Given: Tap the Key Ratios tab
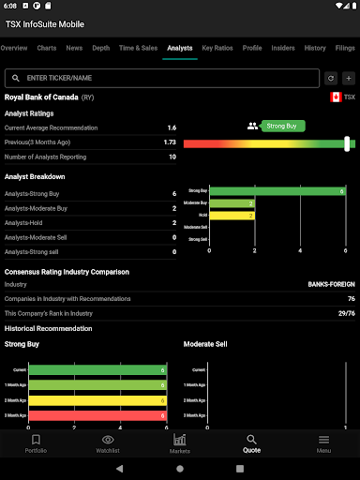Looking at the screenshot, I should (217, 47).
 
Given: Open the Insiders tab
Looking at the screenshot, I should (283, 47).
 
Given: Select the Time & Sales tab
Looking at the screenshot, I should (138, 47).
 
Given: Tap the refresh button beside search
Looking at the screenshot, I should (331, 79).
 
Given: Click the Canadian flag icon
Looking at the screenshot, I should (336, 97).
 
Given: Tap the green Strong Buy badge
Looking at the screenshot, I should (283, 126).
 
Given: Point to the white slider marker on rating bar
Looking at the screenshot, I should (348, 143).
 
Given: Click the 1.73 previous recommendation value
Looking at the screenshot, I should (170, 142).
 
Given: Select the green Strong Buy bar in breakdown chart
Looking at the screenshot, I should (277, 191).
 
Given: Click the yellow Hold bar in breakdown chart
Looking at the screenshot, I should (232, 215).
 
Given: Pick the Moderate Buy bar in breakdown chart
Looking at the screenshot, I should (232, 202).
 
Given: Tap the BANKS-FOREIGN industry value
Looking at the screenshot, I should (331, 284).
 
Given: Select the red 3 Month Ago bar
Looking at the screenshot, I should (97, 413).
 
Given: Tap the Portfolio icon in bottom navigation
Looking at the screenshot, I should (36, 443).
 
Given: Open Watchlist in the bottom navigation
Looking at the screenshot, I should (108, 443).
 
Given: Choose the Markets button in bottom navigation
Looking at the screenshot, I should (180, 443).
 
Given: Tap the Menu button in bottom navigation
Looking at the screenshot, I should (323, 443).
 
